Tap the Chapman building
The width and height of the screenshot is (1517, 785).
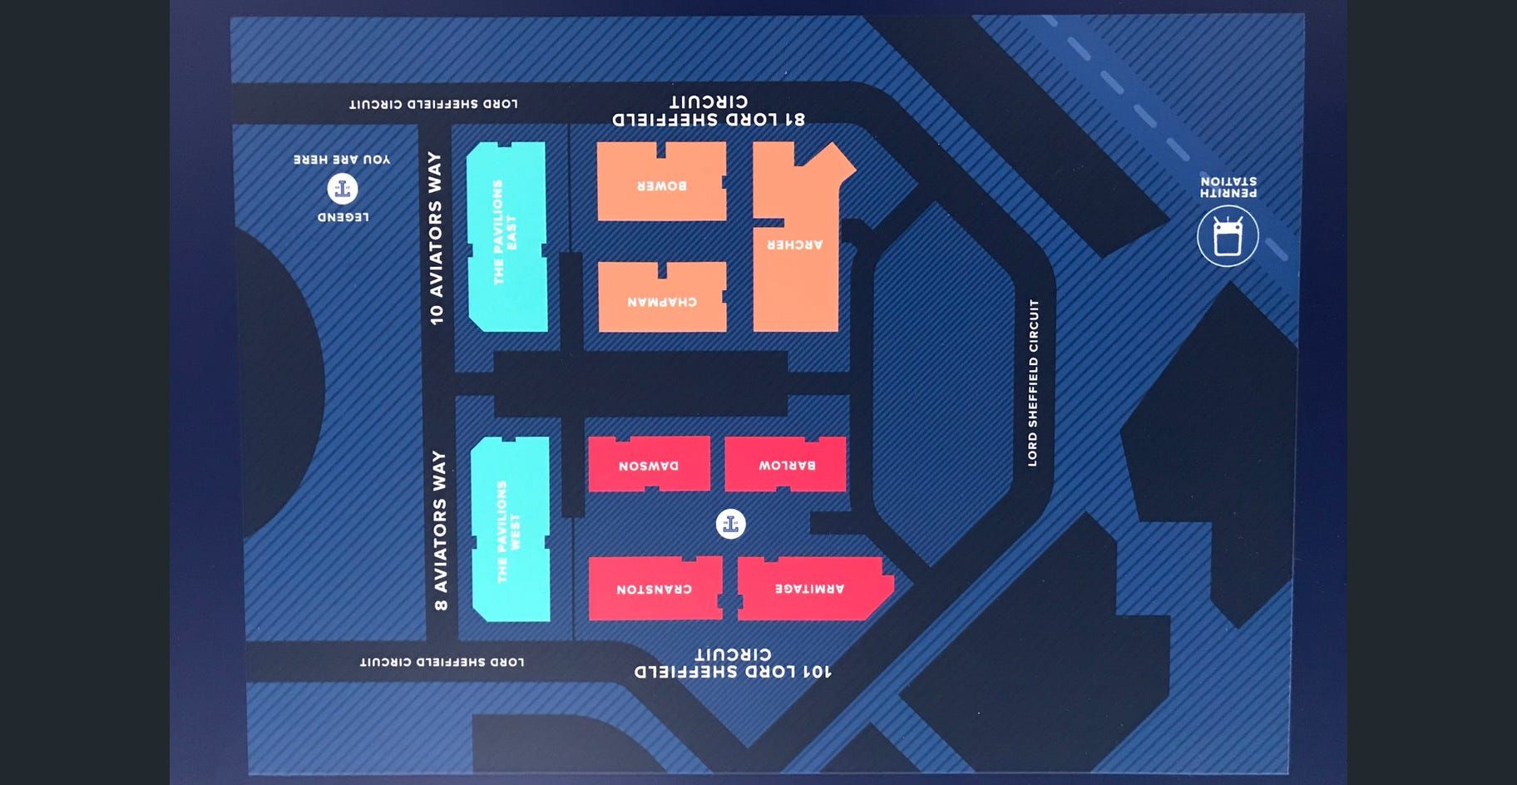click(x=662, y=299)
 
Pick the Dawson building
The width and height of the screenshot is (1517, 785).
click(x=649, y=464)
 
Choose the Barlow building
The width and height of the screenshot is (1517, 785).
click(x=786, y=464)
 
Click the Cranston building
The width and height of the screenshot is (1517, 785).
click(x=655, y=589)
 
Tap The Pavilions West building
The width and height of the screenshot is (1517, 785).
click(x=510, y=530)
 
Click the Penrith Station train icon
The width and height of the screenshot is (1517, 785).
click(x=1228, y=237)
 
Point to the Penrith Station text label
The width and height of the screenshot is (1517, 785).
click(x=1228, y=186)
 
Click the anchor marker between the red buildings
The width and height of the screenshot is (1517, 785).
click(x=730, y=524)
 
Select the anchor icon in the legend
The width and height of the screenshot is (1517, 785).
click(x=342, y=189)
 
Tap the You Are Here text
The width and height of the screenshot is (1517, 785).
click(x=342, y=159)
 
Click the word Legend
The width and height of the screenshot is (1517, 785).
click(x=343, y=217)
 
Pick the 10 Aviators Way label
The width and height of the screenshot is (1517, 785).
click(x=435, y=238)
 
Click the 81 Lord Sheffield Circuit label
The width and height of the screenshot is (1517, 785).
click(x=709, y=111)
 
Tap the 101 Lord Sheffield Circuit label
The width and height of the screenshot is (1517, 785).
click(x=732, y=663)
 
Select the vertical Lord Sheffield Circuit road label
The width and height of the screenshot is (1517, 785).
click(x=1033, y=383)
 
